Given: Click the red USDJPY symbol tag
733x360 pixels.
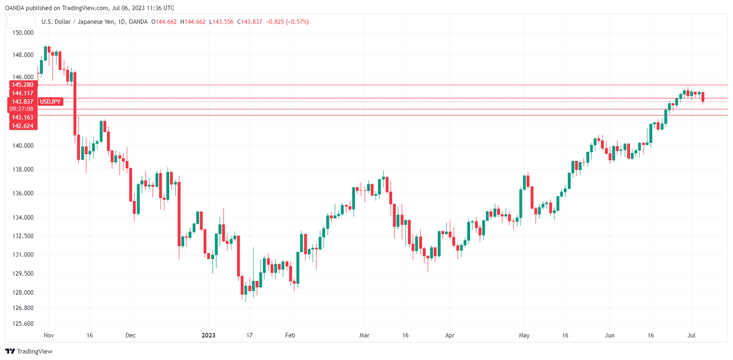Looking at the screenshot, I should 51,102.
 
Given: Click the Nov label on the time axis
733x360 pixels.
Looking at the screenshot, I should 49,335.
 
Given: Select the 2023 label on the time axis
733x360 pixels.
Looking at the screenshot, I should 208,335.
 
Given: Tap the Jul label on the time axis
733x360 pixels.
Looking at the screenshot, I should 691,335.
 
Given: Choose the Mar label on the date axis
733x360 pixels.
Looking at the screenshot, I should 364,335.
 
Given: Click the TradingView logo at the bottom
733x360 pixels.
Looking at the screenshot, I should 29,352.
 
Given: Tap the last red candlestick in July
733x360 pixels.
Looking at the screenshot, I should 703,97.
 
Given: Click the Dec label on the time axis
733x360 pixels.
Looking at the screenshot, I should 130,335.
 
